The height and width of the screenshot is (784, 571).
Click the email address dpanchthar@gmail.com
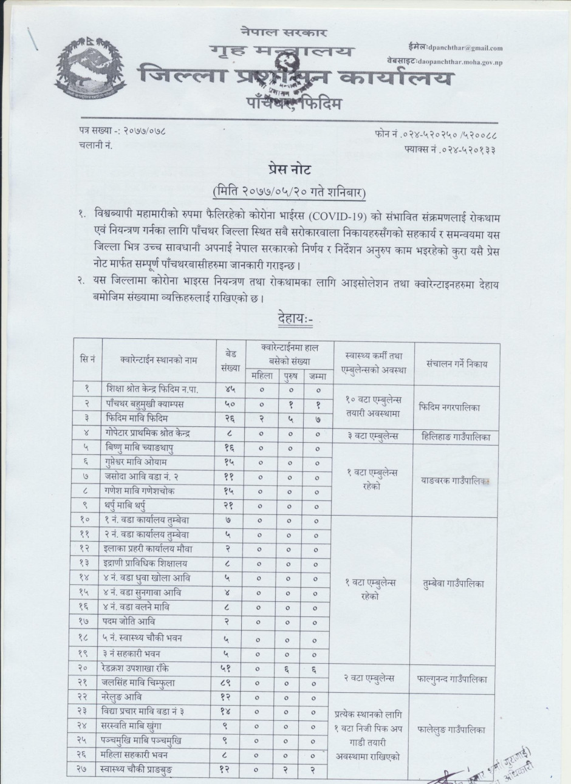(x=465, y=48)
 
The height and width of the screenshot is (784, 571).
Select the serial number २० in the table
(x=84, y=668)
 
